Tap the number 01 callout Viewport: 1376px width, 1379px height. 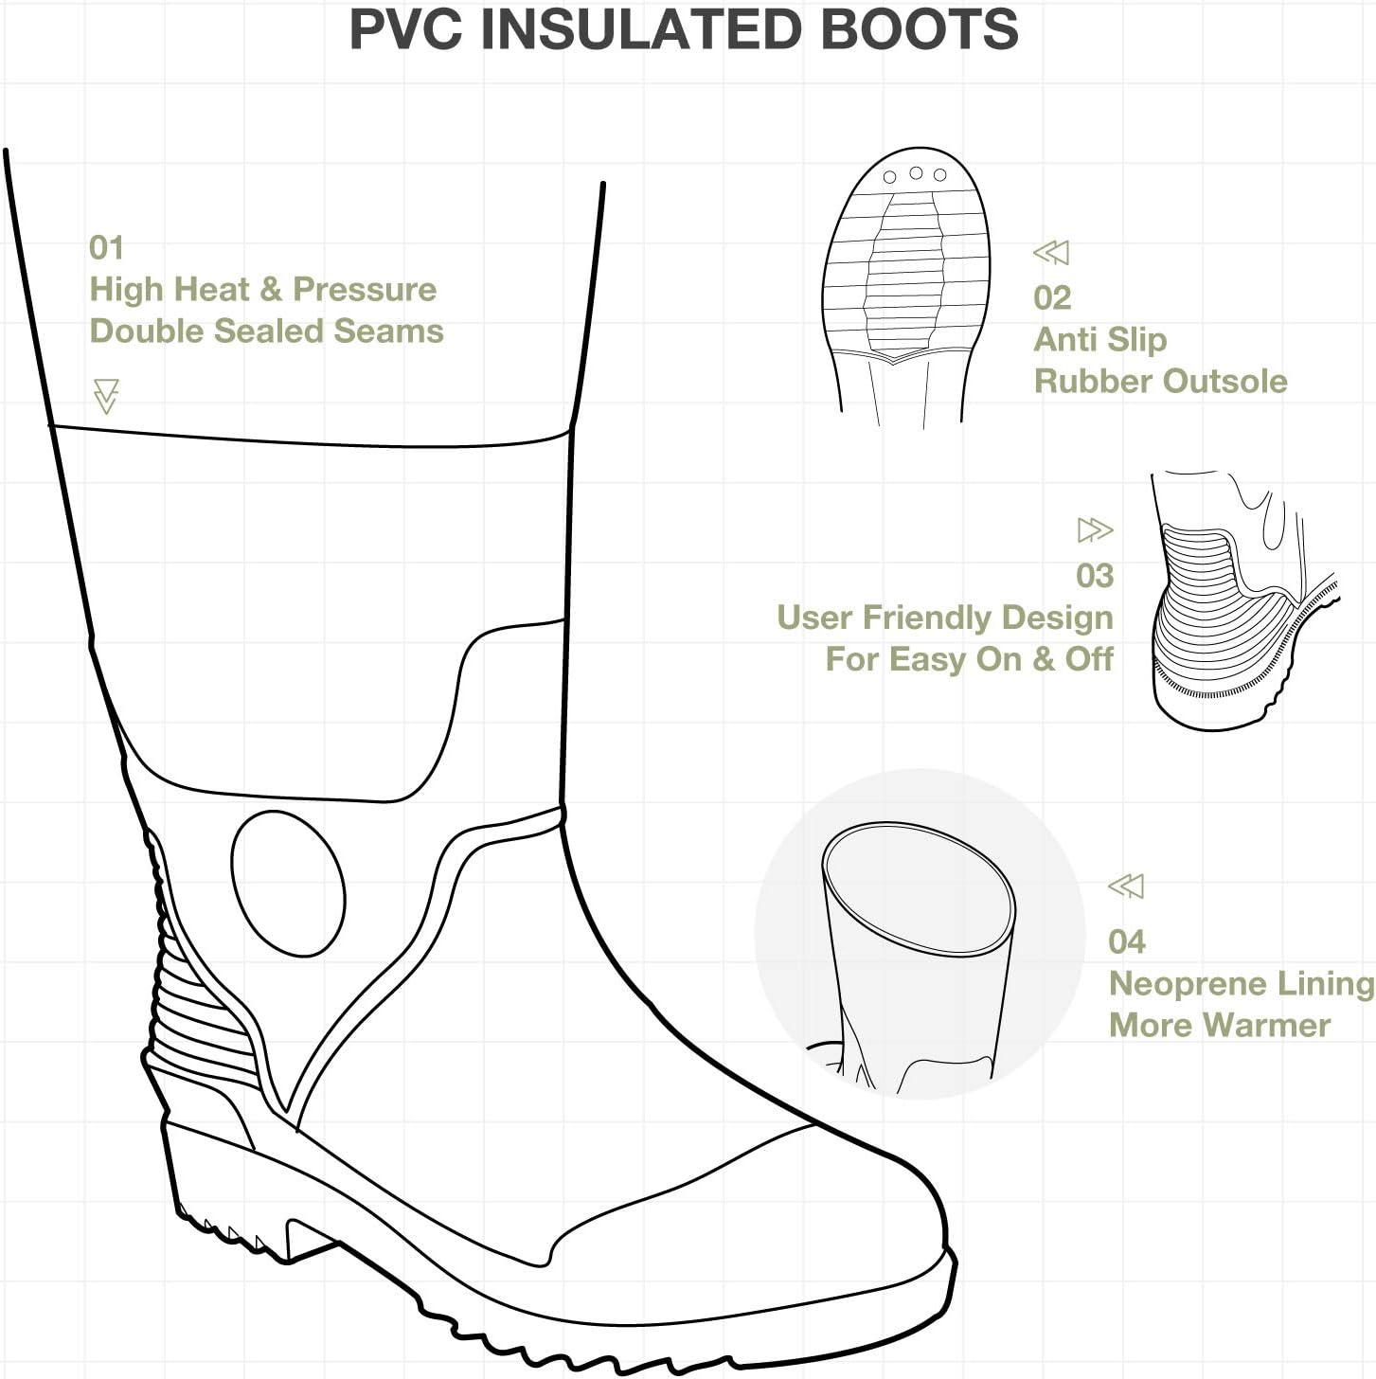[x=106, y=248]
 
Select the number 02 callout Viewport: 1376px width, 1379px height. [x=1052, y=298]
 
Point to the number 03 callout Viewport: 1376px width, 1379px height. [x=1094, y=576]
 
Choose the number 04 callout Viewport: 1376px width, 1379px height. [x=1126, y=942]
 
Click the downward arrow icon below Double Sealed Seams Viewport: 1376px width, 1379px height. [x=106, y=396]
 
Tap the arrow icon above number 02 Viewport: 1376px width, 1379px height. [x=1051, y=253]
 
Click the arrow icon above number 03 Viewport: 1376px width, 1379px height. [x=1095, y=529]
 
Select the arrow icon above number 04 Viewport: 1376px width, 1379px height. [x=1126, y=886]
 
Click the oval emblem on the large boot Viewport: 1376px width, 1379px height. [x=288, y=883]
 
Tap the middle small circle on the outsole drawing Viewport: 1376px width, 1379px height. [x=916, y=173]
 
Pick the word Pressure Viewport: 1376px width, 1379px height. [x=365, y=290]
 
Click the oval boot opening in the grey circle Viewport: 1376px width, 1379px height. [x=918, y=887]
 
